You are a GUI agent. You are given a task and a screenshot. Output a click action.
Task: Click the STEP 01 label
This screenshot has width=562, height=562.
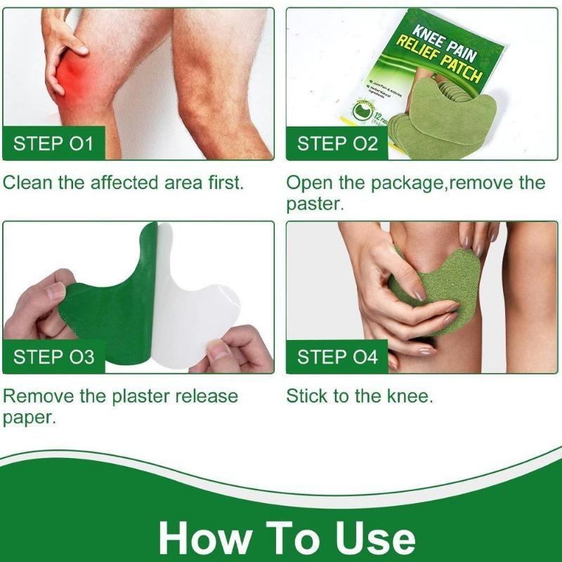(x=53, y=145)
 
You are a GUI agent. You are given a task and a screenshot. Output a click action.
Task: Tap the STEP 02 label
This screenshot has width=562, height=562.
(x=337, y=145)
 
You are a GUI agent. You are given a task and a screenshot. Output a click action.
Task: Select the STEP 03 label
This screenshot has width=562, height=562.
(x=53, y=356)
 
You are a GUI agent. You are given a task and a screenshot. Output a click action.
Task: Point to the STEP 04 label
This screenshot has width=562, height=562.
(x=337, y=356)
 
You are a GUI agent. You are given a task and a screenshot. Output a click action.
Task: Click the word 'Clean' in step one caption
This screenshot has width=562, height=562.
(x=27, y=183)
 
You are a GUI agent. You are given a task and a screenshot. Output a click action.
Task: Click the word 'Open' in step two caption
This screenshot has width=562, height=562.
(x=309, y=183)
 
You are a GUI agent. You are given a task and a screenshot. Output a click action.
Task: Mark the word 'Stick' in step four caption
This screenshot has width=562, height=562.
(x=307, y=396)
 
